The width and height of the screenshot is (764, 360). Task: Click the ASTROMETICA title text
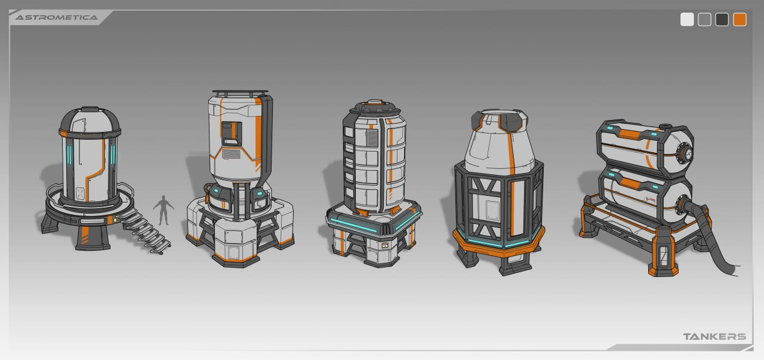56,17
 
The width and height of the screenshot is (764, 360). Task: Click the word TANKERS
714,337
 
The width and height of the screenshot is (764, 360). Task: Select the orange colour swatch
740,20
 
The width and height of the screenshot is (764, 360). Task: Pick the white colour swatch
687,20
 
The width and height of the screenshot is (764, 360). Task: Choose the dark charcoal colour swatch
722,20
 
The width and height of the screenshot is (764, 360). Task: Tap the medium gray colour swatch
704,20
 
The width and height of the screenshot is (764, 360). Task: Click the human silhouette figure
164,210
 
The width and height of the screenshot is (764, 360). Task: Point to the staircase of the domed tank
143,230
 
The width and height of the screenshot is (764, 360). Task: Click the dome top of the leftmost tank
90,121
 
